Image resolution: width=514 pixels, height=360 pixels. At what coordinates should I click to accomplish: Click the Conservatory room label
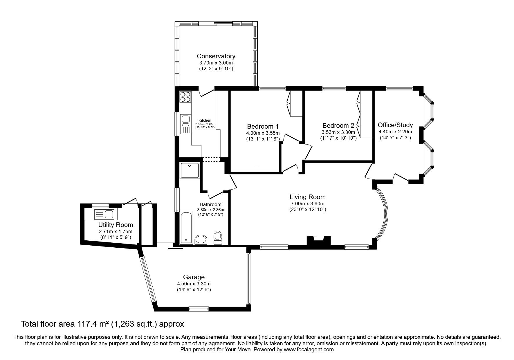[x=216, y=56]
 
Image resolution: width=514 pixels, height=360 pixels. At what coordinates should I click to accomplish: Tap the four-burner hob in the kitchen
[x=185, y=97]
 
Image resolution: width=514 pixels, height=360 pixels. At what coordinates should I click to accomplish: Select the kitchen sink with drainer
[x=185, y=125]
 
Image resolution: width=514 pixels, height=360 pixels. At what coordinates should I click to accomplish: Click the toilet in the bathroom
[x=217, y=238]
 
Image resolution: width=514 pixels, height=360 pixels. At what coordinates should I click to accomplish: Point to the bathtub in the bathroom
[x=186, y=227]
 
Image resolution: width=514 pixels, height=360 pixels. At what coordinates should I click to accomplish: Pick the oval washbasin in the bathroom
[x=201, y=240]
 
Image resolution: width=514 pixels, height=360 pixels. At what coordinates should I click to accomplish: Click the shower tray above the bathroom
[x=190, y=170]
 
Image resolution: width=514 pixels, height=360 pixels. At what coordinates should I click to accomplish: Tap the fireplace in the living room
[x=319, y=240]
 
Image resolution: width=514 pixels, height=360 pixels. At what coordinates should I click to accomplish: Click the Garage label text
[x=194, y=277]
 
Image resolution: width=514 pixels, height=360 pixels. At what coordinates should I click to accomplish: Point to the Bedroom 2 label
[x=338, y=126]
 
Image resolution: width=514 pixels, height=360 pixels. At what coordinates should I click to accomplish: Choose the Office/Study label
[x=395, y=125]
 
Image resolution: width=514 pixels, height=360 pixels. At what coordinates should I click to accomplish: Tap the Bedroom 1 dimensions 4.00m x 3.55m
[x=263, y=133]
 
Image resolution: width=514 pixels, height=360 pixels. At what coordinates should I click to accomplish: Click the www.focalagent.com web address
[x=309, y=350]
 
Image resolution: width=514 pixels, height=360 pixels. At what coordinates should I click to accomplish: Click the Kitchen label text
[x=205, y=120]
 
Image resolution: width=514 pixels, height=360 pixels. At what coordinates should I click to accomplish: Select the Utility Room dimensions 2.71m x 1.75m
[x=115, y=231]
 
